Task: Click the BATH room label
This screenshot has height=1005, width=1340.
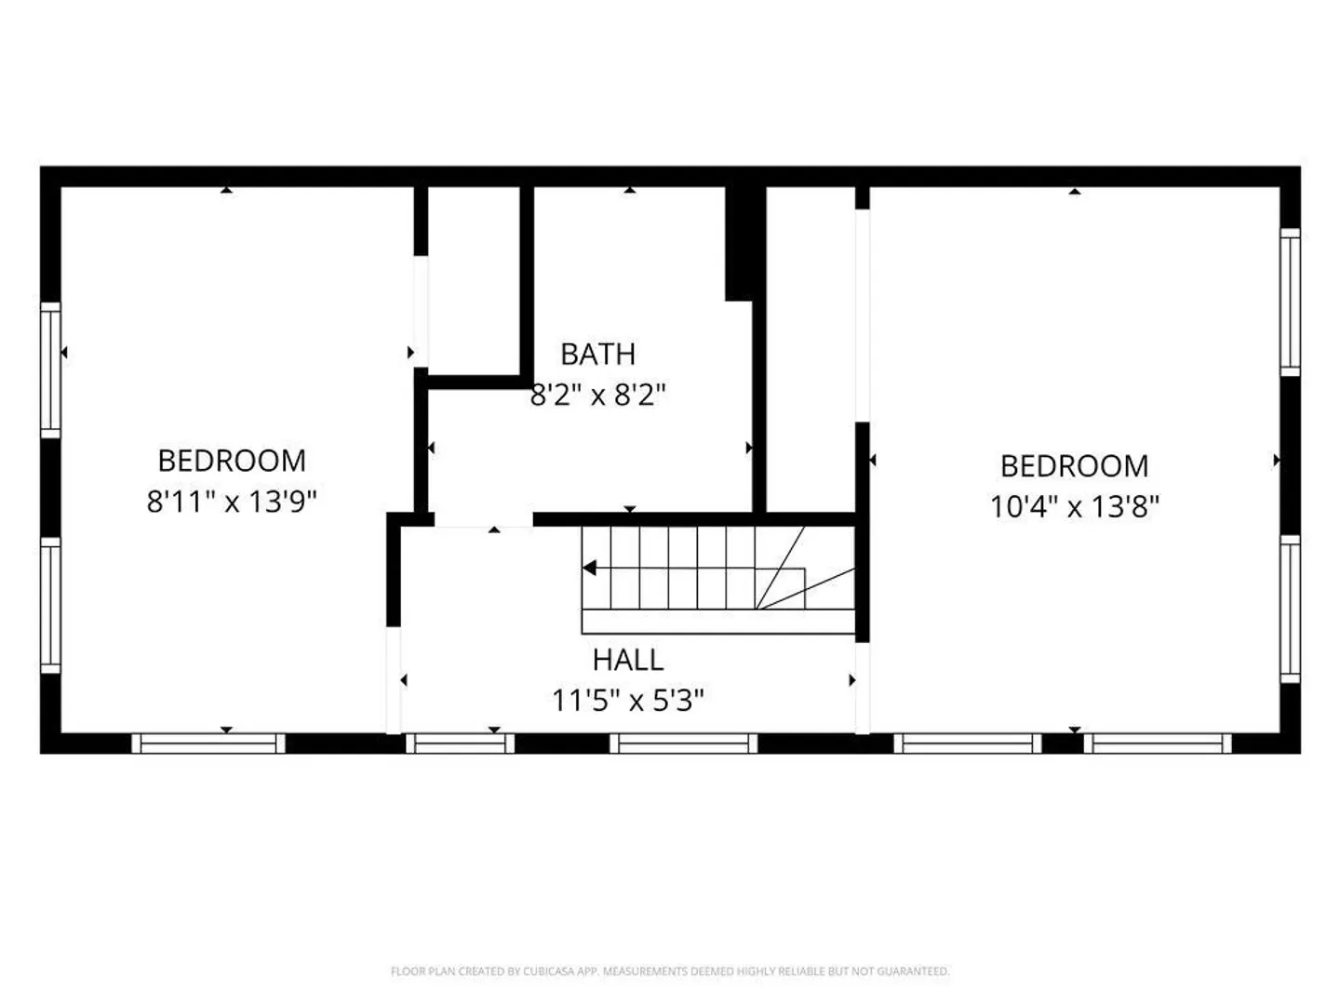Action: pos(597,354)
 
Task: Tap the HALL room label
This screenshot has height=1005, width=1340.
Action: pos(627,660)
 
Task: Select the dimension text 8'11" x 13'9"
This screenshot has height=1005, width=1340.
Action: pos(232,502)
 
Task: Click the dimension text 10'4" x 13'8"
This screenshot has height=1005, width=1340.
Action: pos(1074,507)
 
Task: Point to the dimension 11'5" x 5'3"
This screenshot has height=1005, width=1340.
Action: pos(627,701)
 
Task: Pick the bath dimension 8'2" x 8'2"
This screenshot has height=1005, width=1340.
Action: pos(597,395)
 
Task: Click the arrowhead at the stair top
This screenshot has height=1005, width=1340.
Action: pos(589,568)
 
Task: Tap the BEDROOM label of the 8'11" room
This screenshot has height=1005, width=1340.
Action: pos(232,461)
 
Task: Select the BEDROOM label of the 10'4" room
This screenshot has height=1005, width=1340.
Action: pos(1074,466)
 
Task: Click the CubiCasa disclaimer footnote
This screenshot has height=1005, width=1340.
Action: pos(670,971)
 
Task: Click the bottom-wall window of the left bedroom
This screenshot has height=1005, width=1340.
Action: pos(208,744)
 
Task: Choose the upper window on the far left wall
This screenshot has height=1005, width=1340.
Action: pos(50,369)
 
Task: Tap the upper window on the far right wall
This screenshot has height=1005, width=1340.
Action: pos(1290,302)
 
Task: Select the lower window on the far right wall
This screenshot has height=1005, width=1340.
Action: pos(1290,610)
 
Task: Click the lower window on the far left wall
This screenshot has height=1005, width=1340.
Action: pos(50,605)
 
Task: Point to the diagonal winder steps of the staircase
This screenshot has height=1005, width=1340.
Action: pos(805,568)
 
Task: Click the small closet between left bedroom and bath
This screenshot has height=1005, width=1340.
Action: pos(474,281)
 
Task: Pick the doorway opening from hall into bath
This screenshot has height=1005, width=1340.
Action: pos(484,520)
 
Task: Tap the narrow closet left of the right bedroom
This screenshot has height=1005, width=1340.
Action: pos(811,349)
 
